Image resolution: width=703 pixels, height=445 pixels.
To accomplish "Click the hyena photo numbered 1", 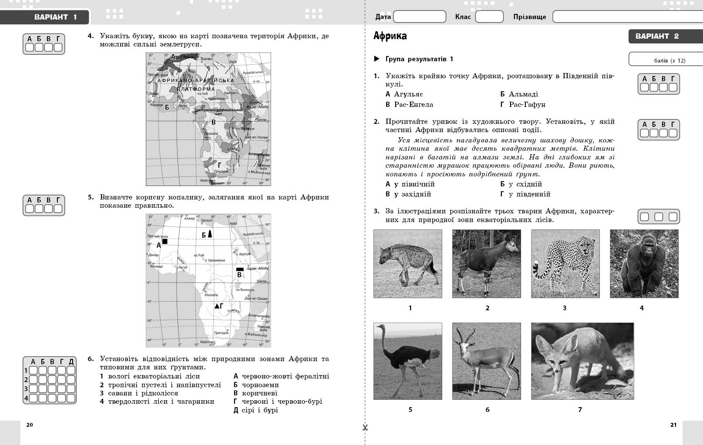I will tap(407, 264).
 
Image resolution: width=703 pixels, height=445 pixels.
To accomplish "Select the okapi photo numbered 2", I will tap(486, 264).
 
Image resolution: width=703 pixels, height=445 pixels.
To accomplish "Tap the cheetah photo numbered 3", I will tap(565, 264).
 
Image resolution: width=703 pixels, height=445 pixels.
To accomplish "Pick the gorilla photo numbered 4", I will tap(644, 264).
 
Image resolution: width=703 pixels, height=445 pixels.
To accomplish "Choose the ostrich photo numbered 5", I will tap(407, 361).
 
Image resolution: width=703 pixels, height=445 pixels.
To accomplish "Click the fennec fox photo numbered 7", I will tap(582, 361).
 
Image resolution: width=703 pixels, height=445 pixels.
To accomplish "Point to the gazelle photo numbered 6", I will tap(486, 361).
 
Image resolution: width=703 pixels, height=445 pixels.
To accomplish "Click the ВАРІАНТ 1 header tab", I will tap(55, 17).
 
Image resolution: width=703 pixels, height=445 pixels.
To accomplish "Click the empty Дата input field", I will tap(419, 17).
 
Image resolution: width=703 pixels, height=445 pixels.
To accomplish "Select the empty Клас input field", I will tap(489, 17).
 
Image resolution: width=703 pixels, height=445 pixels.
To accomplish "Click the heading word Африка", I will tap(390, 36).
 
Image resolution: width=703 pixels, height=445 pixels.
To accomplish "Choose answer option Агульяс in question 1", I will tap(408, 94).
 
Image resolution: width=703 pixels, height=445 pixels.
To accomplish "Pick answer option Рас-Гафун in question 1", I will tap(527, 105).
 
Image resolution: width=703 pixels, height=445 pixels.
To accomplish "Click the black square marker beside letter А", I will tap(165, 241).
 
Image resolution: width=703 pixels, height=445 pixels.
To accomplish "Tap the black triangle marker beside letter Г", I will tap(216, 306).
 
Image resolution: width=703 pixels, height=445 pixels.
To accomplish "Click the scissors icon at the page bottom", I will tap(365, 428).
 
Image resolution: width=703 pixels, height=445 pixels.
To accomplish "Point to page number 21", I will tap(673, 425).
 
